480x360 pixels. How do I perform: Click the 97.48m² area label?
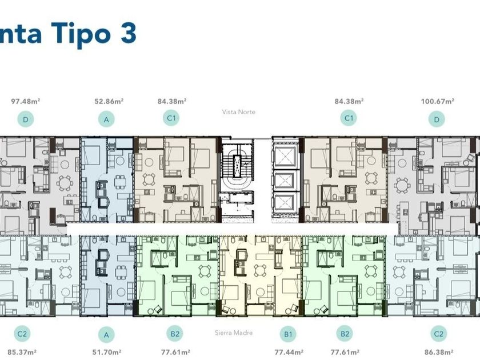point(26,101)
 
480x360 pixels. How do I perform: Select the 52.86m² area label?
point(109,101)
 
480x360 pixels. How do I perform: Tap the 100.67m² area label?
point(438,101)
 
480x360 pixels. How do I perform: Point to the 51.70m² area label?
point(107,353)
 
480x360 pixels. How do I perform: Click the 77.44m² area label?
point(289,353)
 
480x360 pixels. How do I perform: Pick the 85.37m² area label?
point(22,353)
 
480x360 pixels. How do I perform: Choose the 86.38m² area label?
point(439,353)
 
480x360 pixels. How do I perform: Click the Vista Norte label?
point(239,112)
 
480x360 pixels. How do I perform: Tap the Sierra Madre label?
point(234,333)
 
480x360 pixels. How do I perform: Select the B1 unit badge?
point(288,334)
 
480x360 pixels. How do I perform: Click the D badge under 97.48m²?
point(25,119)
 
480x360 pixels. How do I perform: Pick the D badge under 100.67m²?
point(437,119)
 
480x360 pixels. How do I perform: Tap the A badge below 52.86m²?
point(106,119)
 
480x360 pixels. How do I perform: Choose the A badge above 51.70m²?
point(106,335)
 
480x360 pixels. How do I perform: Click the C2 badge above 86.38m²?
point(439,334)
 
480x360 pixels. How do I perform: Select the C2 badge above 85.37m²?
point(22,334)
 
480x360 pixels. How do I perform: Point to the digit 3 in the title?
point(128,33)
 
